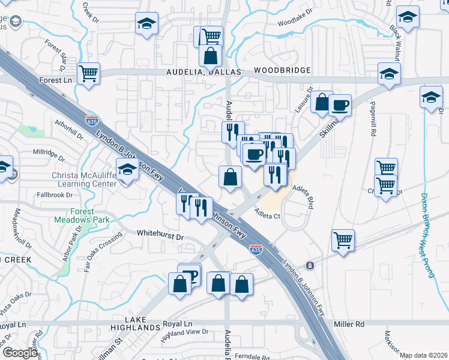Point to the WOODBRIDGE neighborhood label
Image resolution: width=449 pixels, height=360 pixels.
click(282, 71)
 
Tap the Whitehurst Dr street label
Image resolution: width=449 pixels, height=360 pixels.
click(160, 237)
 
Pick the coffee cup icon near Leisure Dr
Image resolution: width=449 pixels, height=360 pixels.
click(340, 105)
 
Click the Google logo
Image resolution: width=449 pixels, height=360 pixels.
click(20, 353)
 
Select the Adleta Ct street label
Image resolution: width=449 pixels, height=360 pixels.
click(267, 213)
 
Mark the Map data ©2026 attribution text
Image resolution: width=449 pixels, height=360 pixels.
click(424, 355)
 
